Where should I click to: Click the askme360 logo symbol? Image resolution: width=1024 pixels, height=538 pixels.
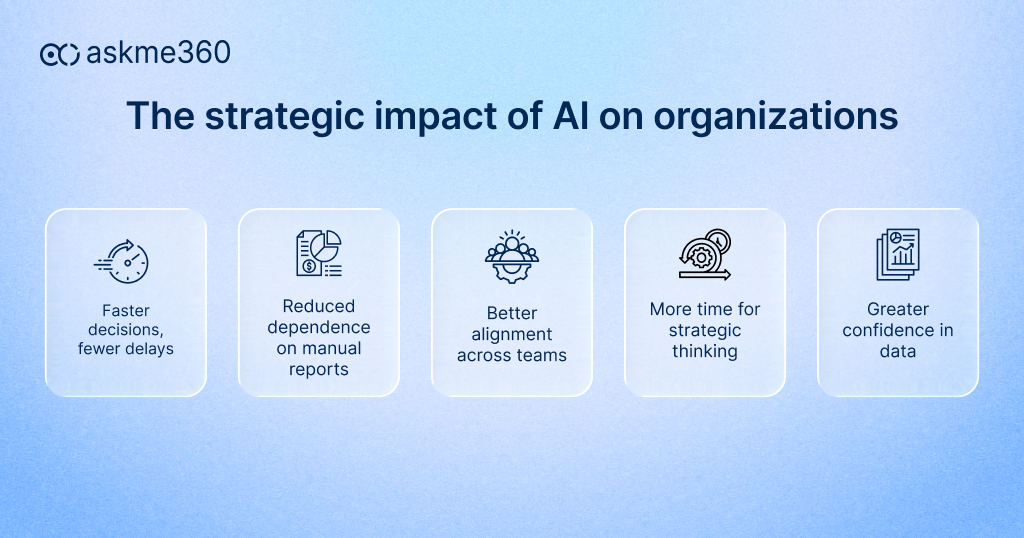60,54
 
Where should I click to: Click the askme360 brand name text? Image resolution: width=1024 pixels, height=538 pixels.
158,53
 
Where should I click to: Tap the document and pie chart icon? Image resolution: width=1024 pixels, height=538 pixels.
318,253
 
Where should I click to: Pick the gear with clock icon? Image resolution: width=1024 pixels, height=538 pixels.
704,254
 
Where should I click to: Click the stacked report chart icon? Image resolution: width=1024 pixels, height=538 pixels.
897,254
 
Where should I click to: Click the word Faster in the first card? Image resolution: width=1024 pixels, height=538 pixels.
126,310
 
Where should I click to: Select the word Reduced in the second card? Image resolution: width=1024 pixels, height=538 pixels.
318,306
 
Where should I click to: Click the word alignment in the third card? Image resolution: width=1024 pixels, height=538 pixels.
511,334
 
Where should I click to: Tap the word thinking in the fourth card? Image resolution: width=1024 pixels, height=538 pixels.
704,352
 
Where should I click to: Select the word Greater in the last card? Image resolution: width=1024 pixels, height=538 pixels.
897,310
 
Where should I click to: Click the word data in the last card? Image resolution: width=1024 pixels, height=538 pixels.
897,352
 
